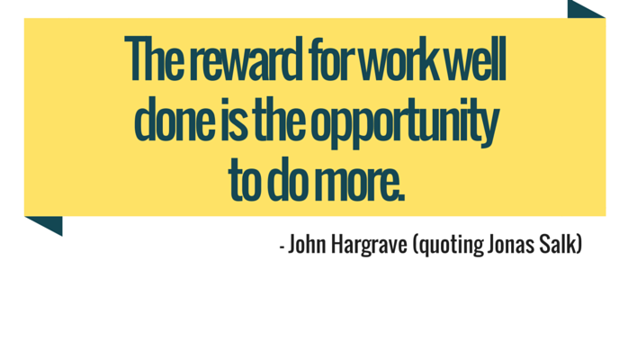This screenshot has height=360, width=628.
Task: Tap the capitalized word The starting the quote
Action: coord(155,58)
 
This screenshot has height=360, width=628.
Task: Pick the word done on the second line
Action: coord(175,119)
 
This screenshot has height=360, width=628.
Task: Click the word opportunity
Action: coord(405,122)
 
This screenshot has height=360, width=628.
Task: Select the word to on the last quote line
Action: coord(244,179)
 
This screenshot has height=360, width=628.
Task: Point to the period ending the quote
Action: coord(401,197)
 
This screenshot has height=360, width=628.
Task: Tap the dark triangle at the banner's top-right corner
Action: coord(580,11)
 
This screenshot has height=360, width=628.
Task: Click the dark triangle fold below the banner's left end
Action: coord(49,223)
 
